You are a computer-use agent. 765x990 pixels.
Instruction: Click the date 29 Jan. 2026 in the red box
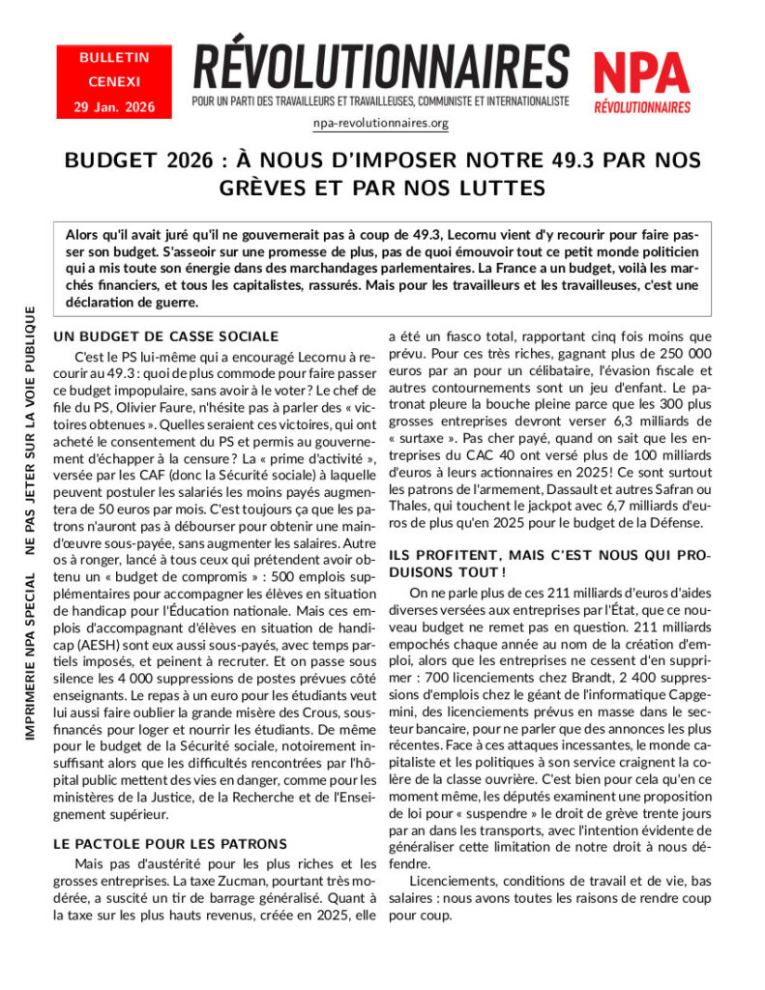coord(114,106)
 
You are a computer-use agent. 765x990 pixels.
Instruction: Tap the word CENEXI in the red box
coord(114,82)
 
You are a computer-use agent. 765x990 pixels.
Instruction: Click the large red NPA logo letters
coord(641,73)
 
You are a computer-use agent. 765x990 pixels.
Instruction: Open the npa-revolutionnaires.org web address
coord(381,123)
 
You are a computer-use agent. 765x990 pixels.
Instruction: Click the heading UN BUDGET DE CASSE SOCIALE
coord(165,336)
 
